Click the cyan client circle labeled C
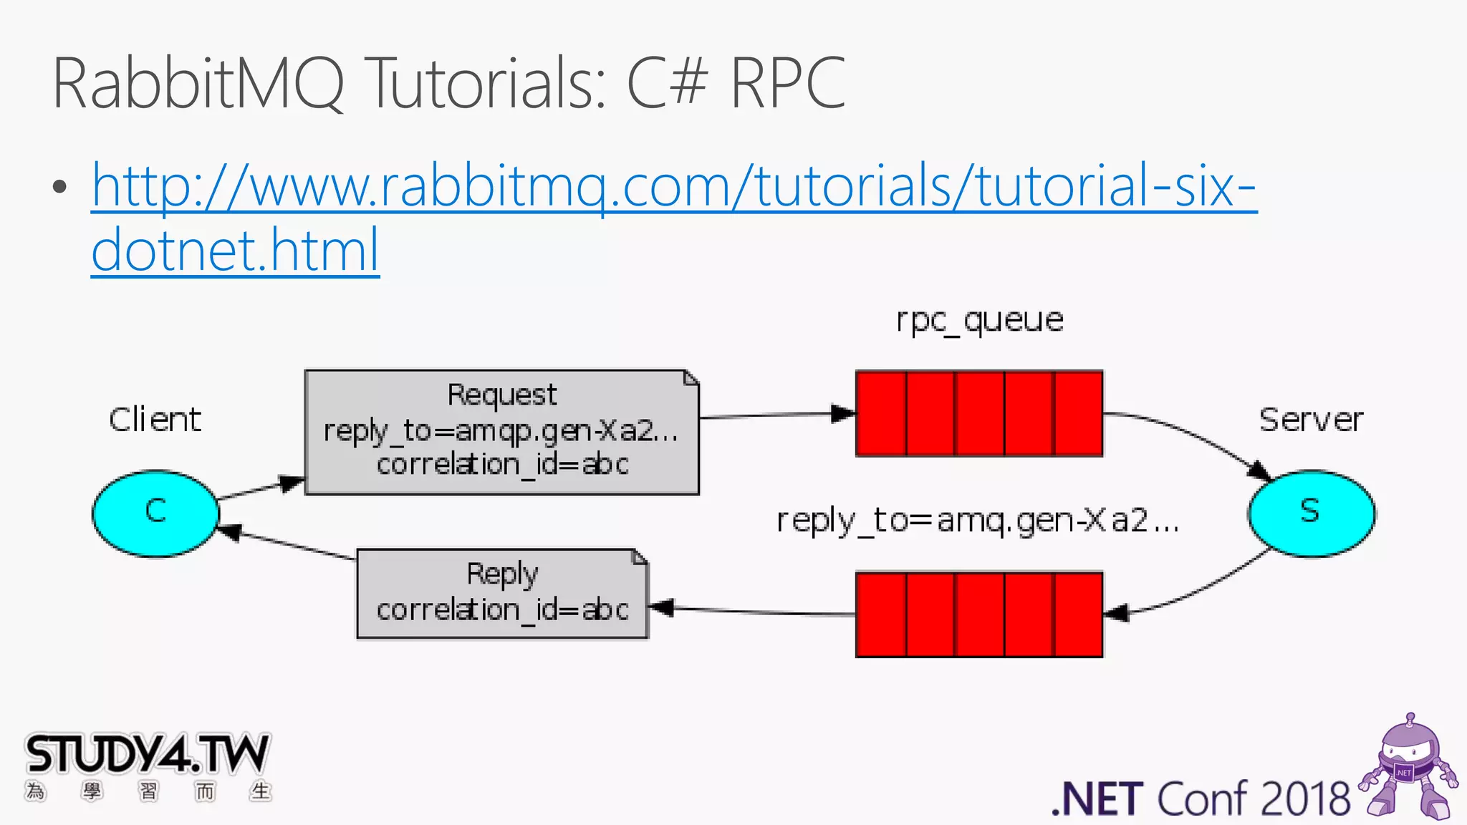tap(155, 513)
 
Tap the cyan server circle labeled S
tap(1311, 513)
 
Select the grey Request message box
tap(501, 432)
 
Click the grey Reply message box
tap(502, 594)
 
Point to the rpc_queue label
tap(979, 320)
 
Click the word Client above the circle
tap(155, 420)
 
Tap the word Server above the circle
tap(1311, 420)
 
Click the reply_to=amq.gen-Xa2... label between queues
tap(978, 521)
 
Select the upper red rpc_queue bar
tap(979, 413)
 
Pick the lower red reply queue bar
tap(979, 614)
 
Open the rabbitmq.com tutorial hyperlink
tap(673, 186)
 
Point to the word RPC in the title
tap(788, 84)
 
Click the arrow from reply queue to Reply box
tap(752, 611)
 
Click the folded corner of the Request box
tap(691, 377)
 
